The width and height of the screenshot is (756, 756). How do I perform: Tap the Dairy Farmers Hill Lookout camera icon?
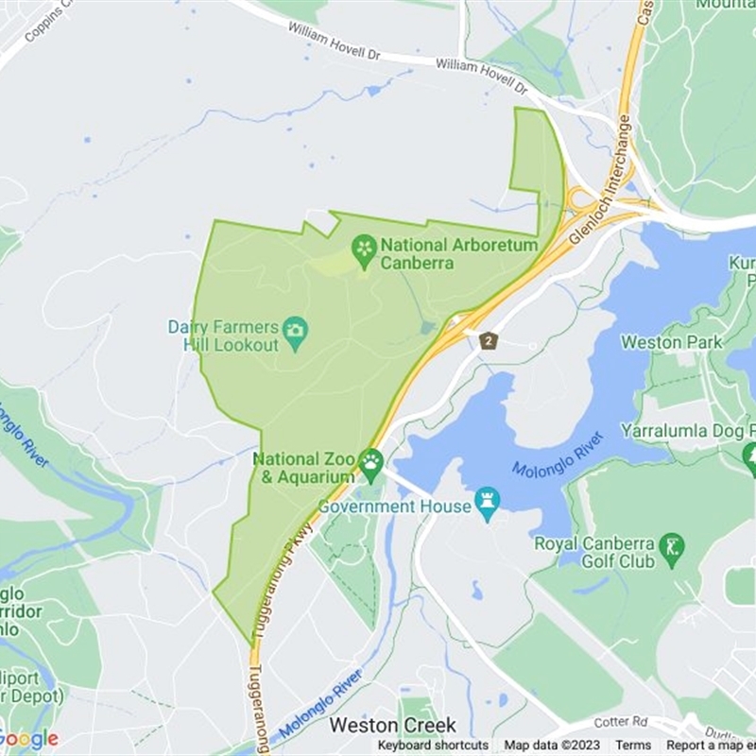click(x=296, y=331)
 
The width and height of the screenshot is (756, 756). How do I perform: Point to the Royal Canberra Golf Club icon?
click(x=672, y=546)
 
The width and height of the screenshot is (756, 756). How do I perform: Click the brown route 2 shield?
click(x=488, y=340)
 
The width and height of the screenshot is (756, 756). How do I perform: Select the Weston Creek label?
click(x=393, y=726)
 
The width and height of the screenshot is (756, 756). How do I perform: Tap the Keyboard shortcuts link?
click(x=433, y=746)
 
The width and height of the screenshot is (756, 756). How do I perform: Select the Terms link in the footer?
click(x=633, y=746)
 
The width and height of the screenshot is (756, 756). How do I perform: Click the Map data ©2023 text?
click(x=552, y=746)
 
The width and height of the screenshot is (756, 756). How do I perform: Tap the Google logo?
click(x=29, y=739)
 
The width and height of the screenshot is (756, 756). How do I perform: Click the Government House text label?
click(x=394, y=507)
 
